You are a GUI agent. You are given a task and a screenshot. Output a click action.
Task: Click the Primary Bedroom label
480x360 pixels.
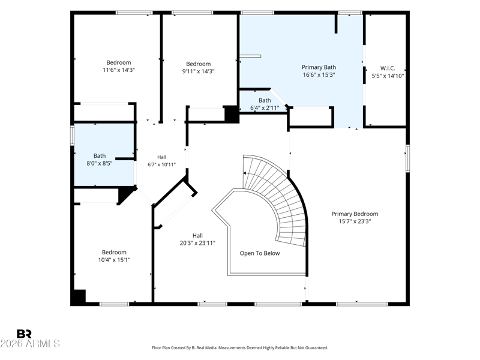pyautogui.click(x=355, y=214)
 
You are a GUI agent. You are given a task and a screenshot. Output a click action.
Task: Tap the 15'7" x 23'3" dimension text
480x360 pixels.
pyautogui.click(x=355, y=221)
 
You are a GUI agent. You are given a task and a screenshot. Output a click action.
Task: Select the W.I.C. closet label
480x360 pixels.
pyautogui.click(x=388, y=68)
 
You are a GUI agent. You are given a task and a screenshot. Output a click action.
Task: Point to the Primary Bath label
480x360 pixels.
pyautogui.click(x=319, y=67)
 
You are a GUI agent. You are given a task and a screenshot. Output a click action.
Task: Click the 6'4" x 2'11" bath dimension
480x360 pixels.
pyautogui.click(x=265, y=108)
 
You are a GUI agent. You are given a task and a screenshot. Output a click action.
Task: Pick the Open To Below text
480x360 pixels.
pyautogui.click(x=260, y=253)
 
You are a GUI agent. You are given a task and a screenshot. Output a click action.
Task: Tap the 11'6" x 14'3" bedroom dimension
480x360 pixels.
pyautogui.click(x=119, y=70)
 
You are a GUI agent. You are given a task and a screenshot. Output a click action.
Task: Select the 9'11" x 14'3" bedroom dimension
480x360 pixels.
pyautogui.click(x=199, y=71)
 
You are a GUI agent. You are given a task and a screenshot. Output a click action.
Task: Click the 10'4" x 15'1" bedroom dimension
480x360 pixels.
pyautogui.click(x=114, y=260)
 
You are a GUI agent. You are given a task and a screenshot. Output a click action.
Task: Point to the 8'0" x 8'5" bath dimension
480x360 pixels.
pyautogui.click(x=100, y=163)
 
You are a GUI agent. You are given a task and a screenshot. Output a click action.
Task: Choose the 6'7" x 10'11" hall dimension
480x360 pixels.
pyautogui.click(x=161, y=164)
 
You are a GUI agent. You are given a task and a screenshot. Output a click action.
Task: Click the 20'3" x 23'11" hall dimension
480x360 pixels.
pyautogui.click(x=197, y=243)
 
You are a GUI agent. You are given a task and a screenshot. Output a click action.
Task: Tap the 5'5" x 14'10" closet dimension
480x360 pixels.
pyautogui.click(x=388, y=76)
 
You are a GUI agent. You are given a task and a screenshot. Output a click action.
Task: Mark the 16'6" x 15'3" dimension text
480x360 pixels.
pyautogui.click(x=319, y=74)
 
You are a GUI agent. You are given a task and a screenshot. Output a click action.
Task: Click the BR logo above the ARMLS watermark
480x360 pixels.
pyautogui.click(x=24, y=334)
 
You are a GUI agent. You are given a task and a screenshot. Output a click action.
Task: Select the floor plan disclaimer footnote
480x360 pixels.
pyautogui.click(x=240, y=348)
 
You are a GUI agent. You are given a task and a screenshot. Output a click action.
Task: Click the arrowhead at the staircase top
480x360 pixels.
pyautogui.click(x=245, y=173)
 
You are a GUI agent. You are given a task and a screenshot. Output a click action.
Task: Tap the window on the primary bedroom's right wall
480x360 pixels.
pyautogui.click(x=408, y=158)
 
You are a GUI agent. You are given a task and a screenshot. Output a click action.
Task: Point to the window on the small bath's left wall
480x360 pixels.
pyautogui.click(x=72, y=134)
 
